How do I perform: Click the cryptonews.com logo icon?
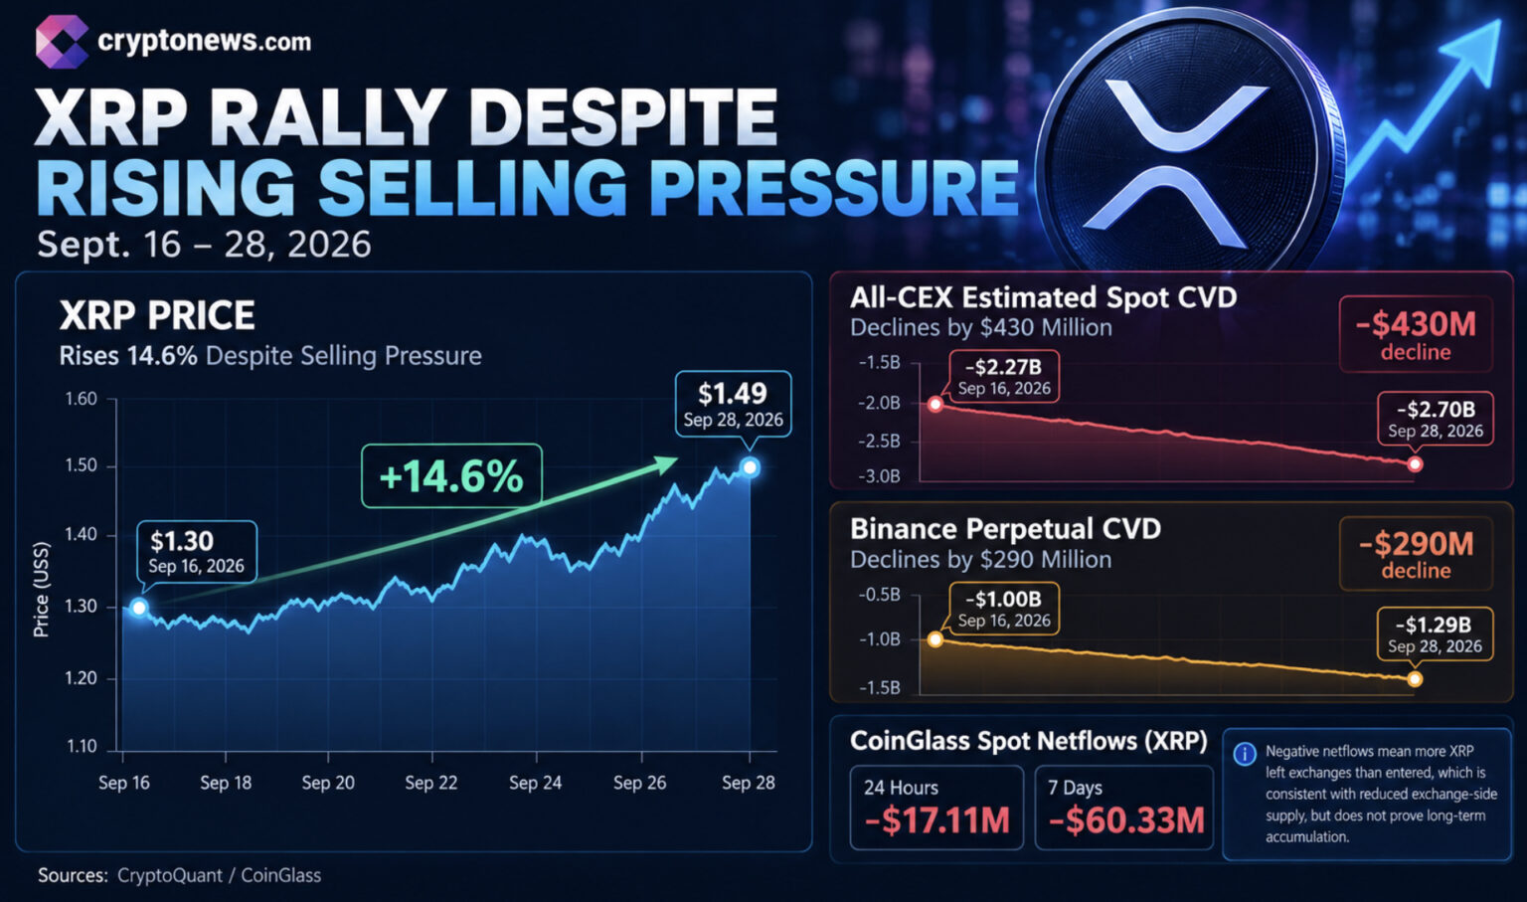[x=62, y=43]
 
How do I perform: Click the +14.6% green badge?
[x=451, y=476]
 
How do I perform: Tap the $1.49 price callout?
[x=733, y=404]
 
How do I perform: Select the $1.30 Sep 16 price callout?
[x=197, y=552]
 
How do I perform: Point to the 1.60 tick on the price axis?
[x=82, y=399]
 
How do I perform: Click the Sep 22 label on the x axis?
[x=430, y=783]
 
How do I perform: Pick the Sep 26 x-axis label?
[x=639, y=783]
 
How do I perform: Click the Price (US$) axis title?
[x=42, y=590]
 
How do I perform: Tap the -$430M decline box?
[x=1416, y=334]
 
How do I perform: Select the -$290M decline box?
[x=1416, y=554]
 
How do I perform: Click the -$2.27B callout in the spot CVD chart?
[x=1004, y=376]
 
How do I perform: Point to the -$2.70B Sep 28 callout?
[x=1436, y=419]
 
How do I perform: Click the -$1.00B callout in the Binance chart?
[x=1004, y=609]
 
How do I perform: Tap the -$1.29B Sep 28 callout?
[x=1436, y=634]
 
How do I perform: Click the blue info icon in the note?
[x=1245, y=754]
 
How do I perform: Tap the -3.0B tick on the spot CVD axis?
[x=880, y=476]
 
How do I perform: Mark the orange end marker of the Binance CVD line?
[x=1415, y=679]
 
